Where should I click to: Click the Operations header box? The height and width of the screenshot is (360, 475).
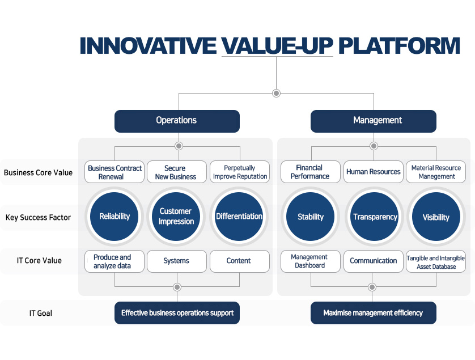click(x=177, y=121)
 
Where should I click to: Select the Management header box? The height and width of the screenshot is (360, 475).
click(x=374, y=121)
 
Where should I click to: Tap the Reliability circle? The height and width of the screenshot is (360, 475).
click(x=114, y=217)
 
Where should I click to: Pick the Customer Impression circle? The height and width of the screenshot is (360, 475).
click(x=176, y=217)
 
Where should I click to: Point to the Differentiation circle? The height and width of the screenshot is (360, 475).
click(x=239, y=217)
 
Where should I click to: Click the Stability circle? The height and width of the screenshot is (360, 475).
click(x=311, y=217)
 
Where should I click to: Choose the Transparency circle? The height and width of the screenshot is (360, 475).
click(x=374, y=217)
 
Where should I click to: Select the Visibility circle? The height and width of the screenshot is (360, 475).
click(x=436, y=217)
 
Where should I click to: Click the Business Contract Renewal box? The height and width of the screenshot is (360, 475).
click(x=114, y=172)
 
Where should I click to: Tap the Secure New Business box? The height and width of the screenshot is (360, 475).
click(x=177, y=172)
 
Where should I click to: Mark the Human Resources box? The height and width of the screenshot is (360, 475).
click(x=374, y=172)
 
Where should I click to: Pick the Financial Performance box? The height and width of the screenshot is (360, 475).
click(x=311, y=172)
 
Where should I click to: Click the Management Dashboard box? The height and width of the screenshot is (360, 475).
click(x=311, y=261)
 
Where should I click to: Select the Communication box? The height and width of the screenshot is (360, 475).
click(x=374, y=261)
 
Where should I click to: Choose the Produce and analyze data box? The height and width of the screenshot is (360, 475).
click(x=114, y=261)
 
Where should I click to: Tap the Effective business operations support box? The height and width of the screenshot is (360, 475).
click(x=177, y=313)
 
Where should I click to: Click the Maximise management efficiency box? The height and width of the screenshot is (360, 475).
click(x=374, y=313)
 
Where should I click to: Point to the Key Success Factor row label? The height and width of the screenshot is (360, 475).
click(x=38, y=218)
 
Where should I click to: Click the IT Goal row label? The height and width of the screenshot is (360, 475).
click(x=41, y=313)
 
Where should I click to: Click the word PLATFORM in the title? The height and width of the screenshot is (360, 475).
click(x=399, y=46)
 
